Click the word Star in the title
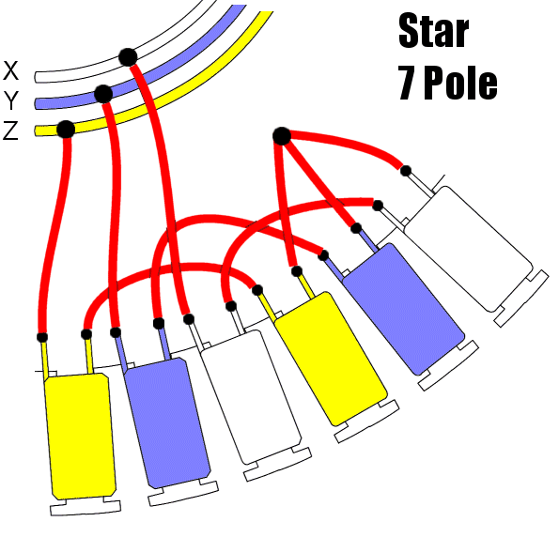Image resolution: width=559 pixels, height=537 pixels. pos(433,31)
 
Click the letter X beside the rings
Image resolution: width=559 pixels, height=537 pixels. pos(10,70)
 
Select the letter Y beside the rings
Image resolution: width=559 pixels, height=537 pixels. pos(10,100)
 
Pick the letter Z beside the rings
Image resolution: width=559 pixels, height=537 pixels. pos(10,130)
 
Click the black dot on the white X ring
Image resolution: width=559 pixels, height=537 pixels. pos(128,57)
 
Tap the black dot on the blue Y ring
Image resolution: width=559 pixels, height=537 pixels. pos(103,94)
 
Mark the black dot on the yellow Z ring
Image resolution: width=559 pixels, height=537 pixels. pos(66,130)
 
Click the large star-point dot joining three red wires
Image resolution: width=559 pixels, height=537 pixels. pos(282,136)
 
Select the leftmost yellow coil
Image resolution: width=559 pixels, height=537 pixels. pos(80,436)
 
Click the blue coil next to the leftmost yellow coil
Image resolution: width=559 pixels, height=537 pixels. pos(166,423)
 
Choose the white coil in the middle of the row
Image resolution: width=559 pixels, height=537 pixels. pos(251,397)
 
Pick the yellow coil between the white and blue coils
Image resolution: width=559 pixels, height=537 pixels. pos(331,358)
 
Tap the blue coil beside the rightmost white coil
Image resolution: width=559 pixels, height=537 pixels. pos(404,309)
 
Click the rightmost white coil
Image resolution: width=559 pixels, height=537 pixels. pos(469,249)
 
